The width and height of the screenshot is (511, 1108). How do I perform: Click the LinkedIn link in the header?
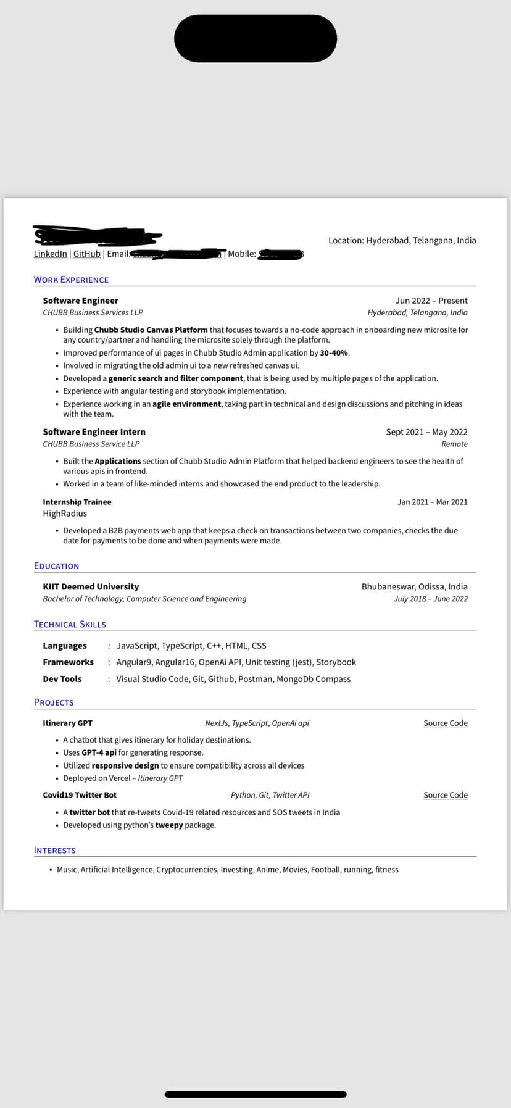click(x=50, y=254)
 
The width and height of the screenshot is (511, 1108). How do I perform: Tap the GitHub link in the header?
click(x=87, y=254)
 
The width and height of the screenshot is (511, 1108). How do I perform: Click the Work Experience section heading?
click(x=71, y=280)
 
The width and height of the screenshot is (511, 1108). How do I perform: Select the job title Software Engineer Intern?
click(x=94, y=432)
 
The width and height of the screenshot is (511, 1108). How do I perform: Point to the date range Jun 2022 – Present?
click(x=431, y=301)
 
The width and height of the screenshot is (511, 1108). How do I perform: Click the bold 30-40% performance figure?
click(x=334, y=353)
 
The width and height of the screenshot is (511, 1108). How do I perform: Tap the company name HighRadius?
click(x=65, y=514)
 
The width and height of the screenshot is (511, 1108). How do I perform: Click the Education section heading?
click(x=56, y=566)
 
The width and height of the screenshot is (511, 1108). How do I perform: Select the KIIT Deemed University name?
click(x=91, y=587)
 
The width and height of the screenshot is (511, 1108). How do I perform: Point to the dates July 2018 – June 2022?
click(x=431, y=599)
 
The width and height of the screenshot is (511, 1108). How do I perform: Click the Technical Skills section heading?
click(x=70, y=625)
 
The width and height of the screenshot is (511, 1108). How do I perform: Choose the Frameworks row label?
click(x=68, y=662)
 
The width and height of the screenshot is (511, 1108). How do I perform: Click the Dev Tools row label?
click(x=62, y=679)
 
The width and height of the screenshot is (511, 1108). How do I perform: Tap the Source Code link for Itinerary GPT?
click(x=446, y=723)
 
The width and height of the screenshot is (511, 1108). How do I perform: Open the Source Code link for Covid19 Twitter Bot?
click(x=446, y=795)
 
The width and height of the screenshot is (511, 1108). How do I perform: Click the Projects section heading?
click(x=54, y=702)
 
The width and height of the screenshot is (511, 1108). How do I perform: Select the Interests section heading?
click(x=55, y=851)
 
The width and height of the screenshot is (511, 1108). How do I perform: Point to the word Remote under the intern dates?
click(x=454, y=444)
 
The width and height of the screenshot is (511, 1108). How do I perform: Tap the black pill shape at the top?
click(x=255, y=38)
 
